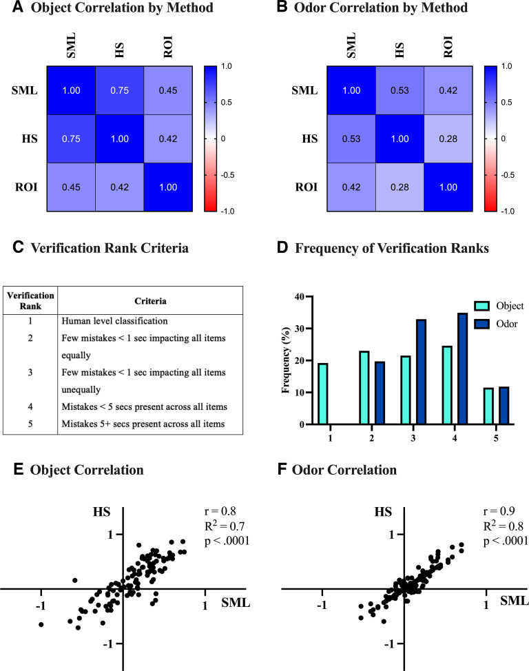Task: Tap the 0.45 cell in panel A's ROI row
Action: point(71,187)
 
